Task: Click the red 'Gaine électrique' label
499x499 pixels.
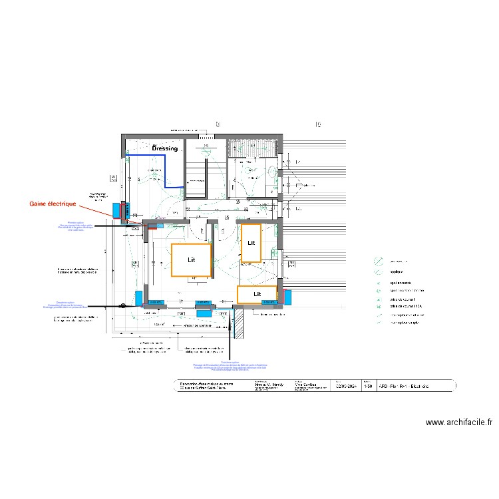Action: pyautogui.click(x=53, y=204)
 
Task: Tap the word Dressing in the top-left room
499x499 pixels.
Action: pyautogui.click(x=165, y=148)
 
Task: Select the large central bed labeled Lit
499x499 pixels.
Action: pyautogui.click(x=192, y=259)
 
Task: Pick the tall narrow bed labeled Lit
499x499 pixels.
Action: pyautogui.click(x=251, y=243)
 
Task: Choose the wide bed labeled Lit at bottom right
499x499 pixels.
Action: pyautogui.click(x=257, y=294)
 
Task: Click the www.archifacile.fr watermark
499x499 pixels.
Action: pyautogui.click(x=458, y=422)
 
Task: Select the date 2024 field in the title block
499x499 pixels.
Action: pyautogui.click(x=345, y=385)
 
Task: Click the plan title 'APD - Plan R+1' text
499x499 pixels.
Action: pyautogui.click(x=406, y=385)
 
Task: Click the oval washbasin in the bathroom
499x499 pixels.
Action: pyautogui.click(x=273, y=171)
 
